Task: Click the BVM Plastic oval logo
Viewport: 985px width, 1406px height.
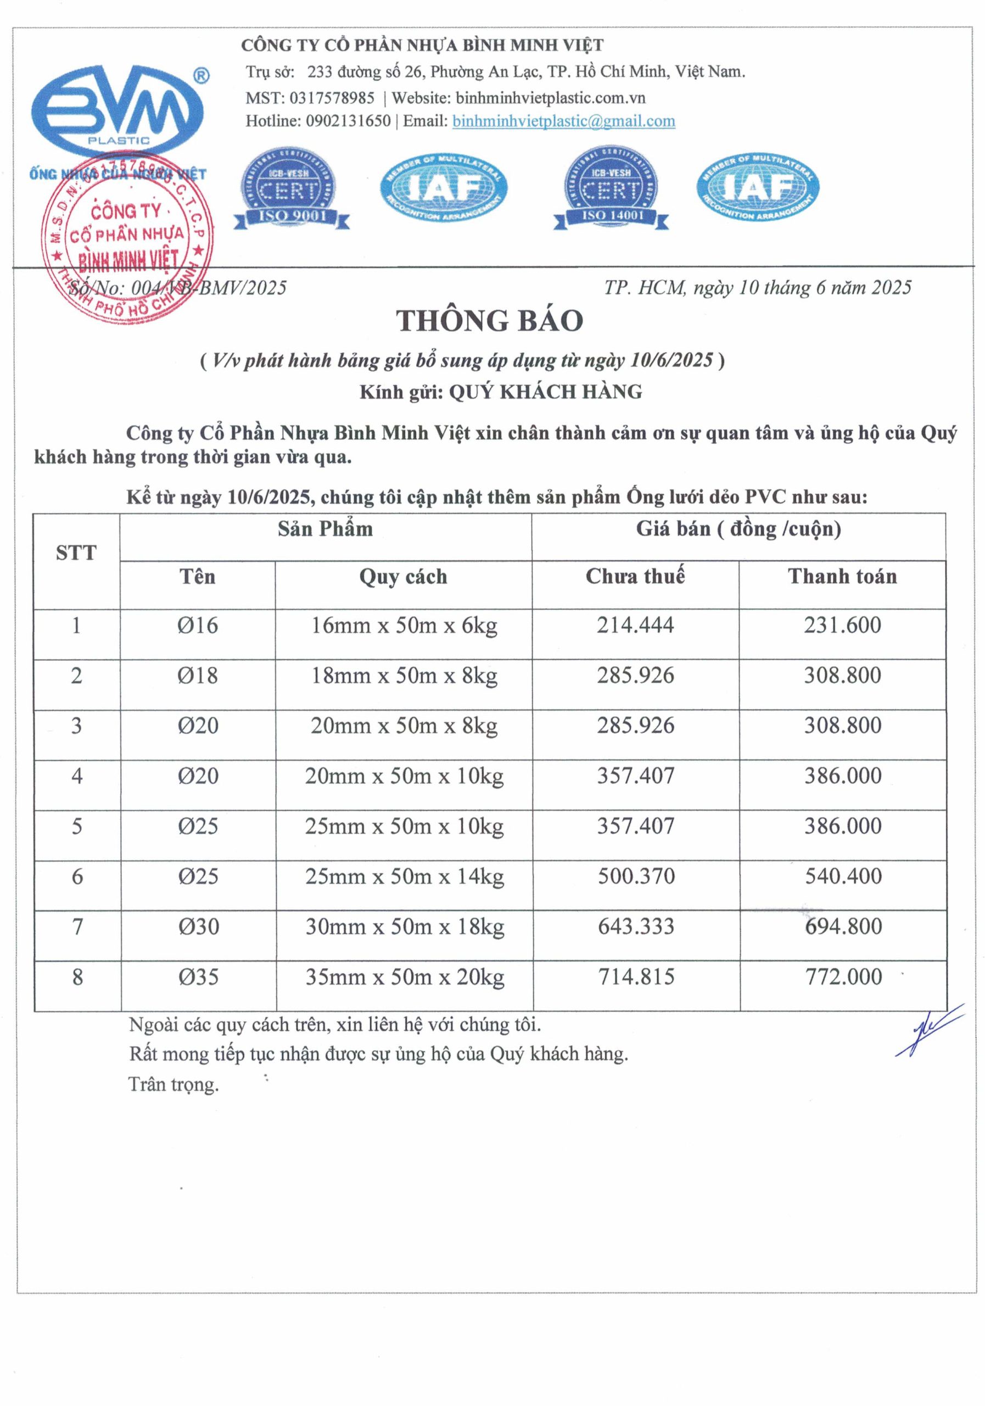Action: coord(117,110)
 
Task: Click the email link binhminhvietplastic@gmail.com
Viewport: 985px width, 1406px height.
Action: coord(563,121)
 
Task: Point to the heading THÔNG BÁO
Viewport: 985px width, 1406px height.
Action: coord(489,320)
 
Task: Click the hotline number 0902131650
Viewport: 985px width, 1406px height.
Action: coord(348,121)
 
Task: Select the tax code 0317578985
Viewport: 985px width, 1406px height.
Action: coord(332,98)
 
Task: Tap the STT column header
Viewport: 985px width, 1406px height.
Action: coord(76,553)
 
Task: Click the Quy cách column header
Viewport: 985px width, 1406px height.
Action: coord(403,577)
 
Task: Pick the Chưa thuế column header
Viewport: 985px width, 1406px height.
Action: coord(635,576)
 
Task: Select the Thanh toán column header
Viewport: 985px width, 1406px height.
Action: coord(842,576)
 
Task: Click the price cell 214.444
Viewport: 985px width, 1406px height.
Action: coord(635,625)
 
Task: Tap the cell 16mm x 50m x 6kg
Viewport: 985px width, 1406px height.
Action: coord(404,626)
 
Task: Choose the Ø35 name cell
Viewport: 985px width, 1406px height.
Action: coord(198,977)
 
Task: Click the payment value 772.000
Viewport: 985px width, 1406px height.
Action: coord(843,977)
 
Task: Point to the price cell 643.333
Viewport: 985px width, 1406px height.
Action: coord(635,927)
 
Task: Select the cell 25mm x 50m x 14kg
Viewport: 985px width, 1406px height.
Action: coord(404,877)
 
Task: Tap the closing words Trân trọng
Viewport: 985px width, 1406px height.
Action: coord(174,1085)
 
